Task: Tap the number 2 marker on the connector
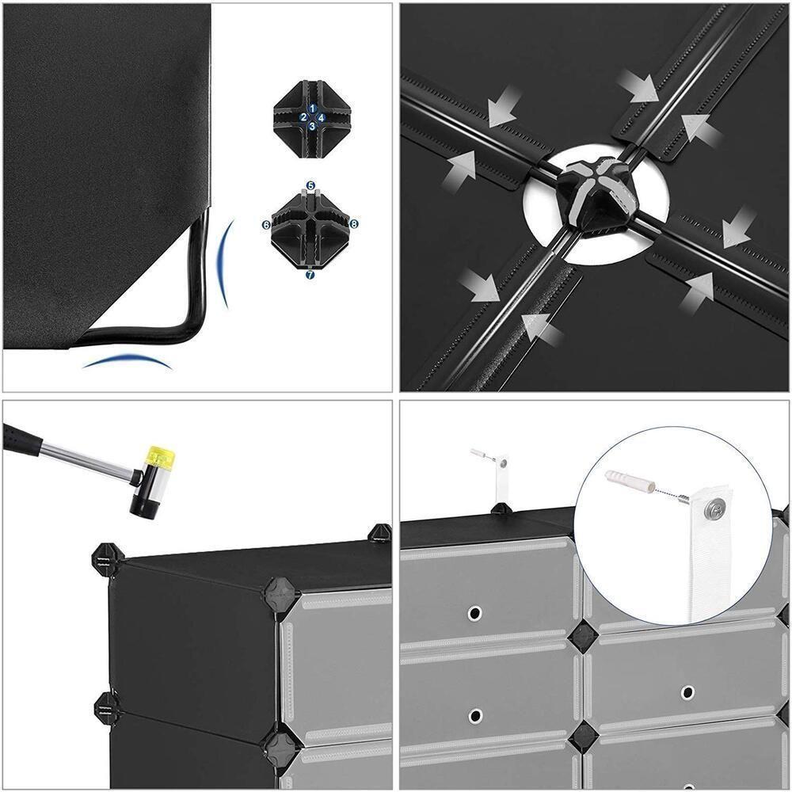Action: pos(303,116)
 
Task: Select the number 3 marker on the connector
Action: pos(312,125)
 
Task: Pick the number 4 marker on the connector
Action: pos(321,116)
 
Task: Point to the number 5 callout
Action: pos(310,184)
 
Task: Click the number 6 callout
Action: pos(266,225)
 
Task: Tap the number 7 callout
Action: pos(310,275)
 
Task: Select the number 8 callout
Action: pos(353,224)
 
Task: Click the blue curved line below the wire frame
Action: pos(127,360)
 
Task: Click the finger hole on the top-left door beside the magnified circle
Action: pos(474,612)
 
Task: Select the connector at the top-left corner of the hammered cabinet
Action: pos(105,559)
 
